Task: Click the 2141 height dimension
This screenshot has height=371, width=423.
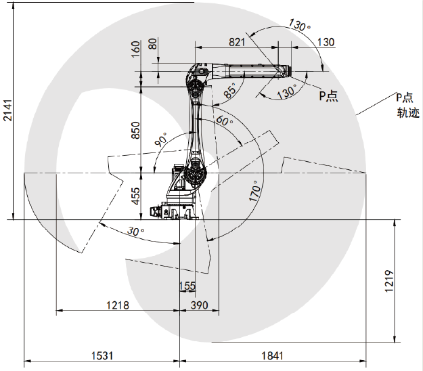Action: click(7, 110)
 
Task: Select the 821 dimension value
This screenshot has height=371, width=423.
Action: click(237, 43)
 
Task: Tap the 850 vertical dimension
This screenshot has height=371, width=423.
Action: click(135, 130)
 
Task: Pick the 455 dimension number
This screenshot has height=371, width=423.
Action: click(135, 196)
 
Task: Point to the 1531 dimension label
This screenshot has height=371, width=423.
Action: click(102, 355)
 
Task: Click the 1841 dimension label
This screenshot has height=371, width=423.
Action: click(272, 355)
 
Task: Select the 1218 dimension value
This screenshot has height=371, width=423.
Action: click(118, 305)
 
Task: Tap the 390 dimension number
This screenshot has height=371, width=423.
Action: click(200, 305)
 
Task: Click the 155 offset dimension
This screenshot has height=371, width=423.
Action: click(187, 286)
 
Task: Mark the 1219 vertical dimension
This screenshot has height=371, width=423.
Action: click(389, 280)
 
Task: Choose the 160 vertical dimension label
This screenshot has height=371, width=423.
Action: click(135, 49)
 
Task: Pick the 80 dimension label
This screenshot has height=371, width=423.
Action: click(153, 44)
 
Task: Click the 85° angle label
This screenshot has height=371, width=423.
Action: click(230, 90)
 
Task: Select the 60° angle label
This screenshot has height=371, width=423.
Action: click(225, 120)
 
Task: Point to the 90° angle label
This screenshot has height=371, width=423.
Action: click(161, 139)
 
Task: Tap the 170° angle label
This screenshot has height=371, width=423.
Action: click(255, 191)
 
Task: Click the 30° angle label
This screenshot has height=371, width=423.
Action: click(135, 231)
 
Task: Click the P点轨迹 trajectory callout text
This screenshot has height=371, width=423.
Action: click(407, 105)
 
